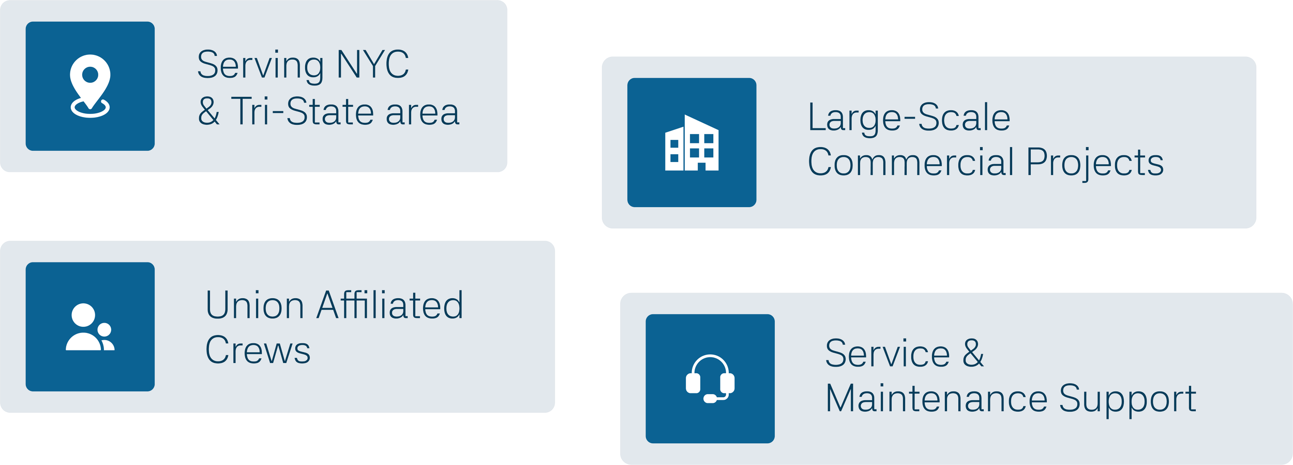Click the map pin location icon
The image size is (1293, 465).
(x=90, y=86)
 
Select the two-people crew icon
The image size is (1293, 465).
(x=90, y=327)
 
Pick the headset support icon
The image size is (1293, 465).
(x=710, y=379)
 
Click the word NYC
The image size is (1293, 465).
(x=372, y=65)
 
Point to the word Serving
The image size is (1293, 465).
(x=261, y=66)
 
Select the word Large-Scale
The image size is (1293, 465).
(x=909, y=118)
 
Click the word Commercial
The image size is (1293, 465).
(x=910, y=163)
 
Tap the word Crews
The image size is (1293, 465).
(x=258, y=351)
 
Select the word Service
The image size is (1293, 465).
(x=888, y=354)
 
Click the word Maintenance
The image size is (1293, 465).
(x=936, y=399)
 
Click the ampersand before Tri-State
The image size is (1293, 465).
(x=209, y=112)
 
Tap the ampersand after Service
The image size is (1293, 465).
(x=973, y=354)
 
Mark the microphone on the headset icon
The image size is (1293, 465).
(x=711, y=399)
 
